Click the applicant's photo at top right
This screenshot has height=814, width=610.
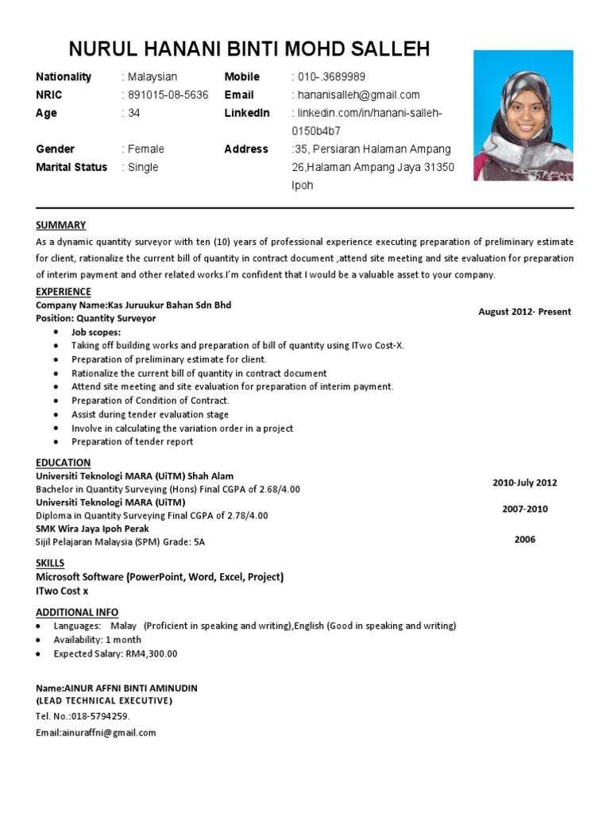(523, 115)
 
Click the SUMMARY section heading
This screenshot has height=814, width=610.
(61, 225)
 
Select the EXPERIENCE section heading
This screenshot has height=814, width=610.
(64, 292)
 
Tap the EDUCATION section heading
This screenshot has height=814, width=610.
(64, 463)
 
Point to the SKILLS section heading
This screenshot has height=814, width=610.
(50, 563)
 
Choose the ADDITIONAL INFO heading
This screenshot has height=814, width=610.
(77, 612)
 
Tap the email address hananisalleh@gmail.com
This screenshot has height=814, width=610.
(358, 95)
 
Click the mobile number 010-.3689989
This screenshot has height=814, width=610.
(331, 77)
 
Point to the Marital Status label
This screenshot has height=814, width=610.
(71, 167)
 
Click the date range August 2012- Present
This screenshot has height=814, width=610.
(524, 312)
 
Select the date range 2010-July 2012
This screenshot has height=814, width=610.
(524, 483)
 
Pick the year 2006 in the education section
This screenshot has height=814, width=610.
(524, 539)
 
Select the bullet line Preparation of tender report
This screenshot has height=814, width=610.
(132, 441)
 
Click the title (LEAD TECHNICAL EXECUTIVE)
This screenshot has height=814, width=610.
(104, 700)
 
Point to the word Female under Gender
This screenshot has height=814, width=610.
(145, 149)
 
